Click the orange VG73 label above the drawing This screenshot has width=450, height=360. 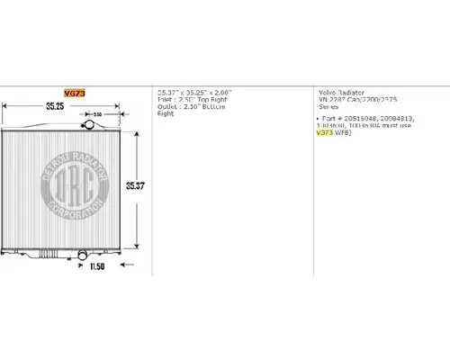point(73,93)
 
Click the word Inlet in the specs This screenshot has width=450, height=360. point(165,100)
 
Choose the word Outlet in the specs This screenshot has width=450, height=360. point(166,107)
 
